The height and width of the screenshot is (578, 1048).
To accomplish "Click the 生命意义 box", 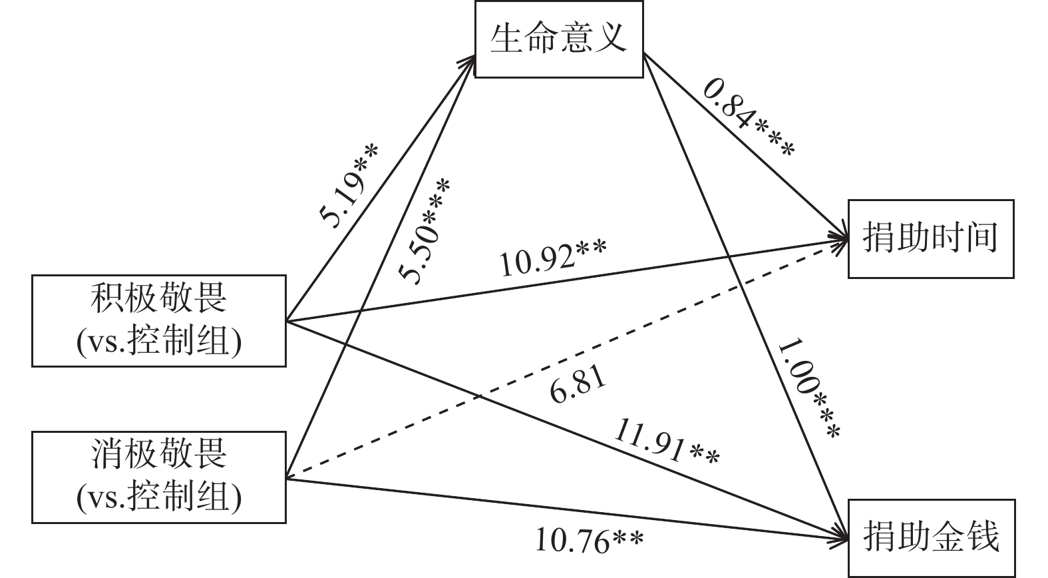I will pyautogui.click(x=558, y=39).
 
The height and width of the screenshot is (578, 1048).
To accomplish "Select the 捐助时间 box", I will pyautogui.click(x=930, y=238).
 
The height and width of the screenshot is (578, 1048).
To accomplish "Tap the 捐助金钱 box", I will pyautogui.click(x=930, y=537).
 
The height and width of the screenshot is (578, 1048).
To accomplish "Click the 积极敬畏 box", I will pyautogui.click(x=158, y=321).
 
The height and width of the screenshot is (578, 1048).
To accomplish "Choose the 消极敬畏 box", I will pyautogui.click(x=158, y=477).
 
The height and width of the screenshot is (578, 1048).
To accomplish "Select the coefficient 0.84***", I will pyautogui.click(x=748, y=118).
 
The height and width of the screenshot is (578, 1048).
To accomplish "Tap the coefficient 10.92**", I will pyautogui.click(x=552, y=259).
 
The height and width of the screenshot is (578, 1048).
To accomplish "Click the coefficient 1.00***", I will pyautogui.click(x=808, y=390).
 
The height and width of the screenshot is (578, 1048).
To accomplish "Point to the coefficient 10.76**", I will pyautogui.click(x=590, y=541).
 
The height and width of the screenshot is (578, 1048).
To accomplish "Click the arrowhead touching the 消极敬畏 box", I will pyautogui.click(x=293, y=475).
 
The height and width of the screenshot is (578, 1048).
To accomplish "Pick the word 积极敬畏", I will pyautogui.click(x=158, y=299).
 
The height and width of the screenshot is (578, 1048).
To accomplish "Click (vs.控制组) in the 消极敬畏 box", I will pyautogui.click(x=158, y=497).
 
